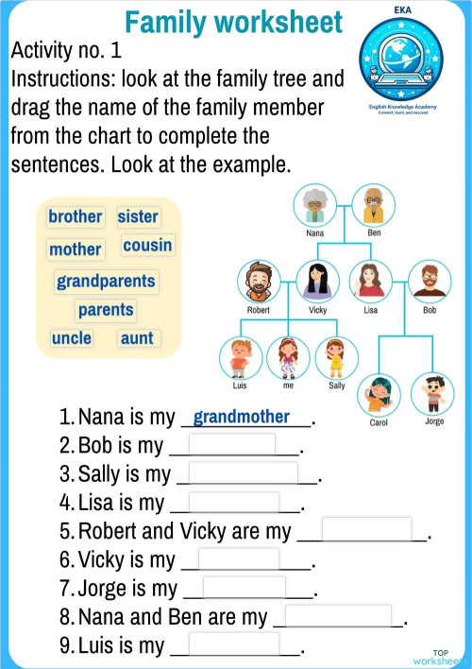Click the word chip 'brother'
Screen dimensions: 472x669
pyautogui.click(x=75, y=216)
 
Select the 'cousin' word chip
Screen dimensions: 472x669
pyautogui.click(x=147, y=246)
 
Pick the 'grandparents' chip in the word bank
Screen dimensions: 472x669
pyautogui.click(x=106, y=281)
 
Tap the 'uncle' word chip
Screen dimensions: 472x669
pyautogui.click(x=72, y=337)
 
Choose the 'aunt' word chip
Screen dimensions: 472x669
pyautogui.click(x=137, y=337)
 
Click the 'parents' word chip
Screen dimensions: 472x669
pyautogui.click(x=106, y=309)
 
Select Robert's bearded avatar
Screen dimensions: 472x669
pyautogui.click(x=258, y=281)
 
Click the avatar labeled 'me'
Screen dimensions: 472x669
pyautogui.click(x=288, y=356)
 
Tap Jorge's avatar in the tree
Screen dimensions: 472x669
pyautogui.click(x=433, y=392)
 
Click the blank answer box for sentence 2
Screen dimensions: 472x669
pyautogui.click(x=232, y=444)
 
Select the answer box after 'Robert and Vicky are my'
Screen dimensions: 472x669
pyautogui.click(x=366, y=529)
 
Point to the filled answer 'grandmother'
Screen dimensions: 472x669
pyautogui.click(x=241, y=417)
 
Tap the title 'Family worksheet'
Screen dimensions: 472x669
pyautogui.click(x=233, y=21)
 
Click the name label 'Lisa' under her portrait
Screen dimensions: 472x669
pyautogui.click(x=371, y=309)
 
